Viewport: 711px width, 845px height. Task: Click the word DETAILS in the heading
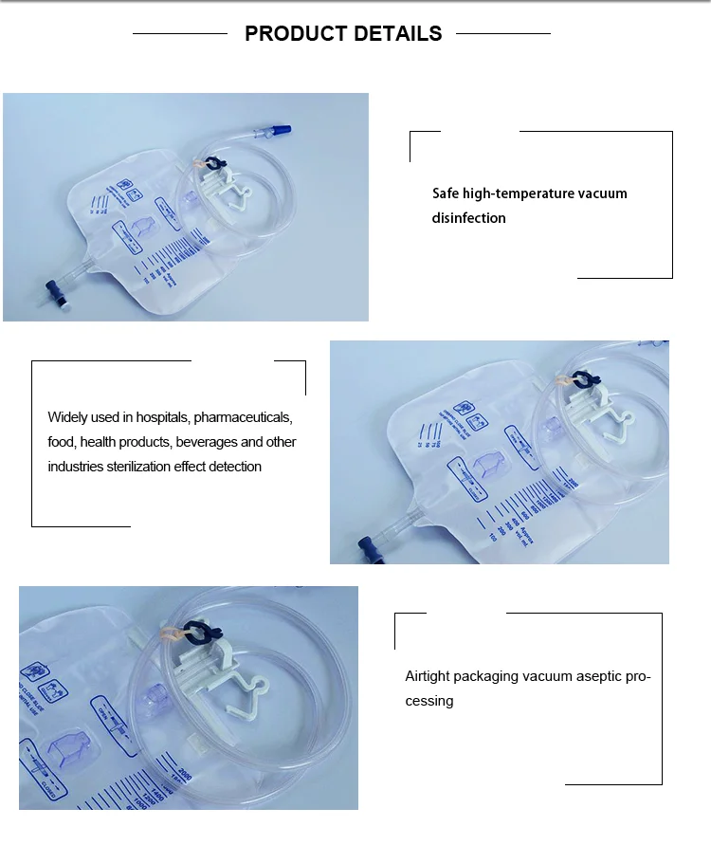[397, 34]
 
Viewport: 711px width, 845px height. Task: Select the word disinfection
[468, 218]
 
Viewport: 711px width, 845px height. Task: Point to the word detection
[229, 467]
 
